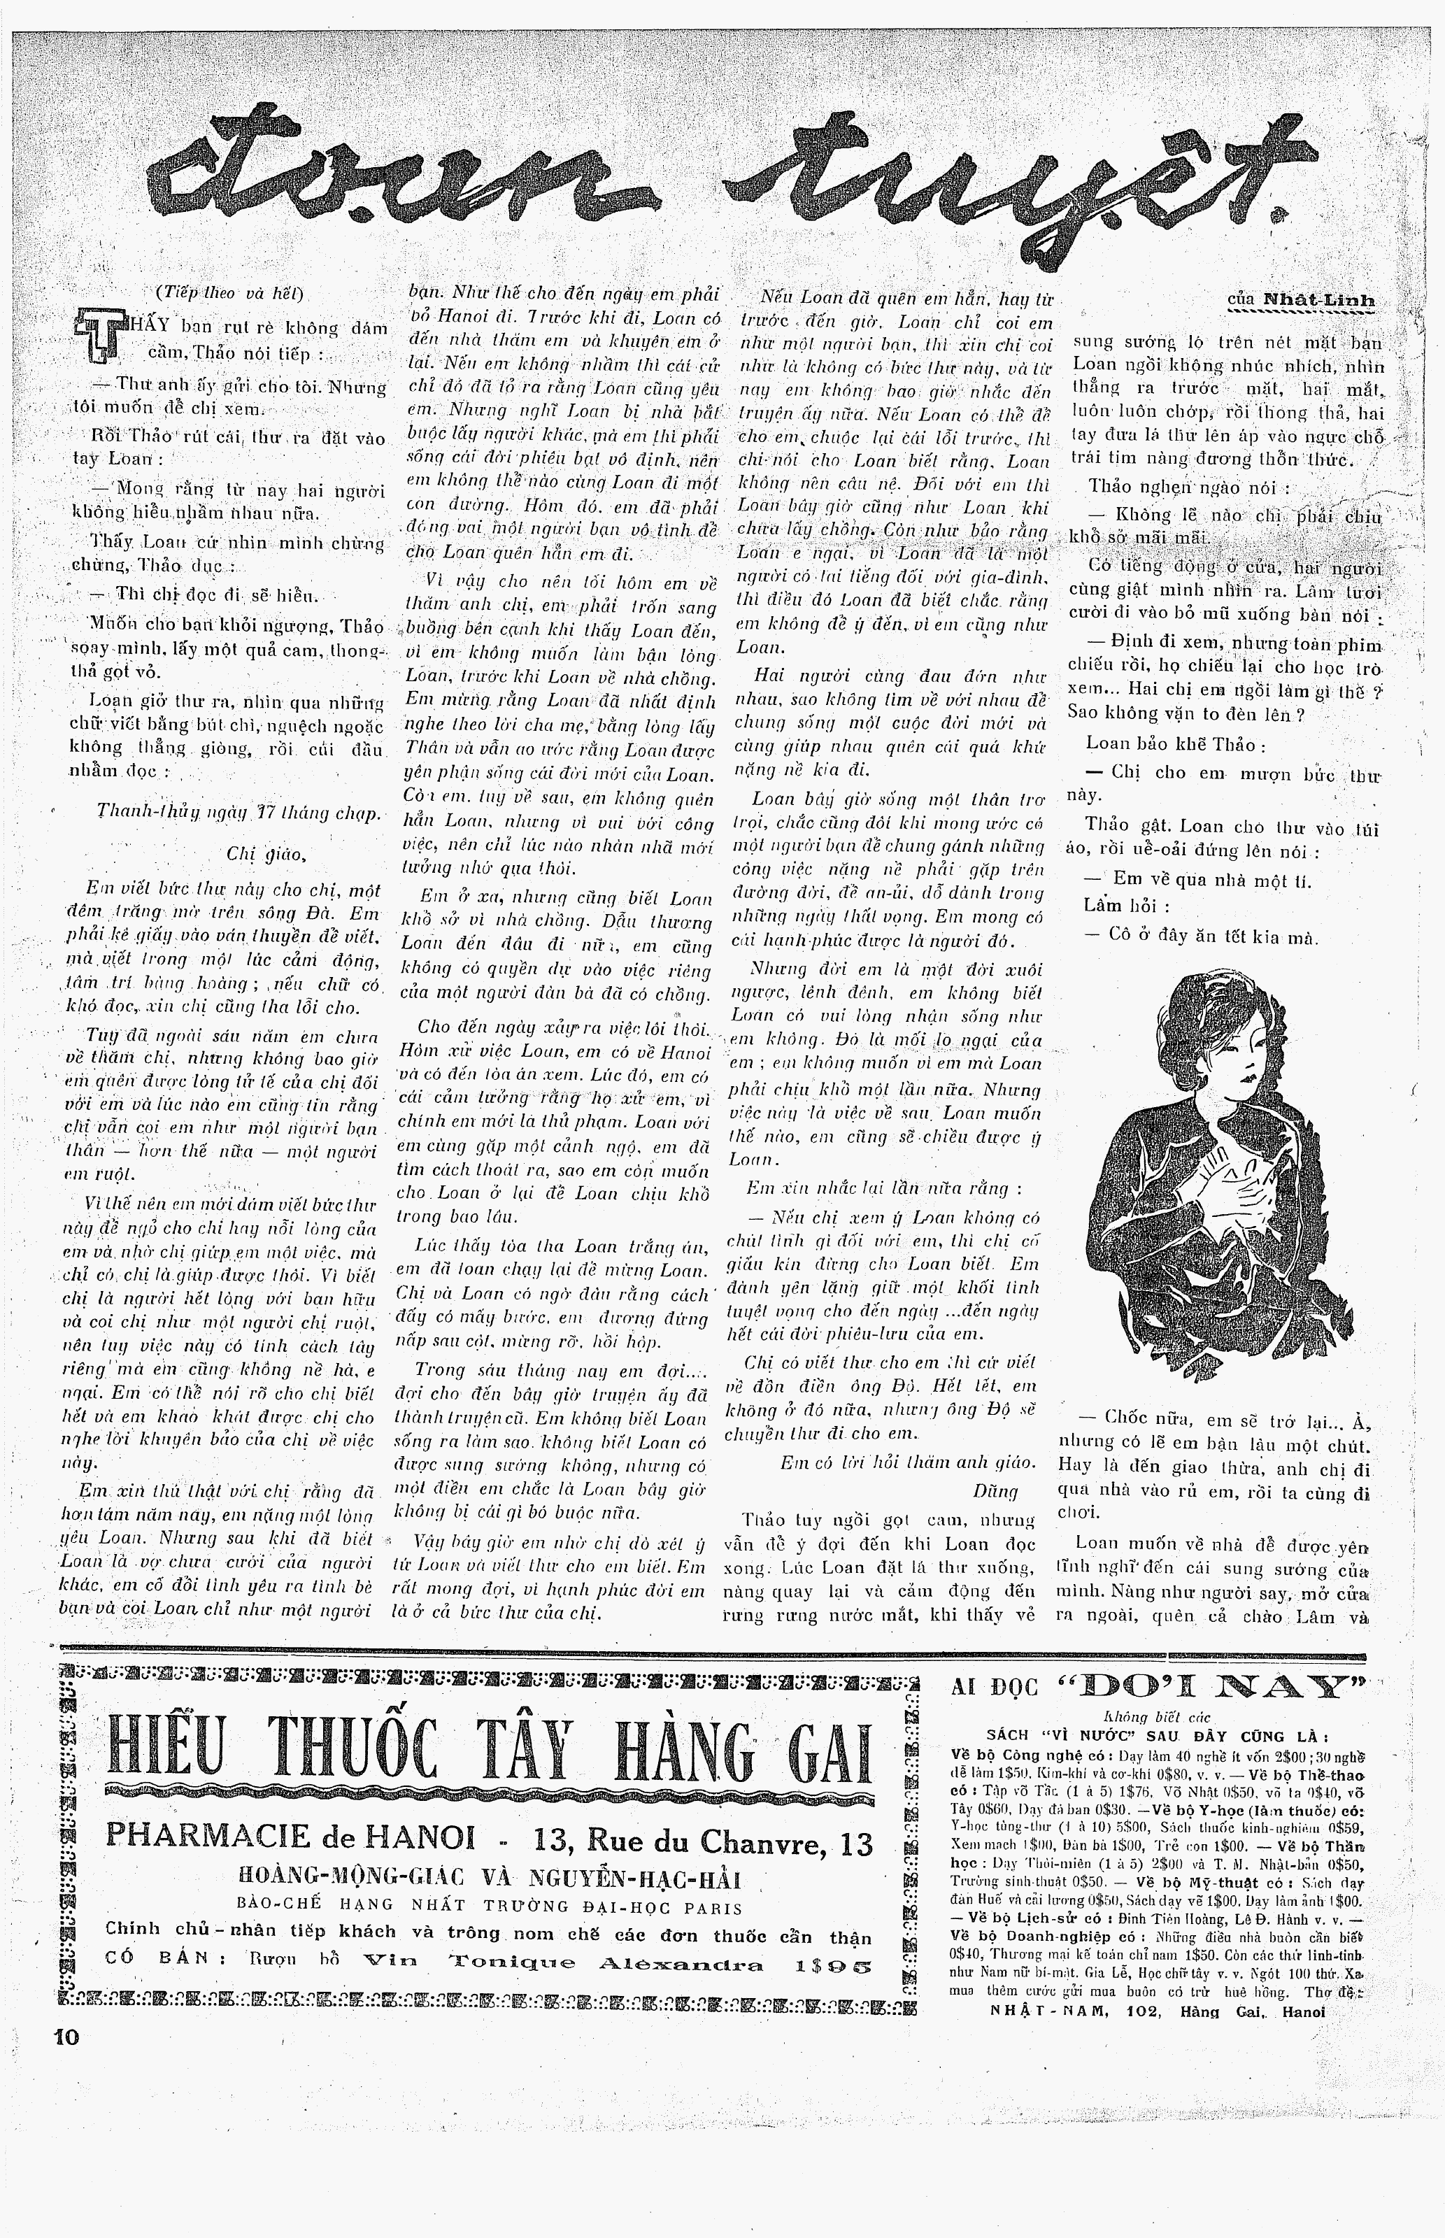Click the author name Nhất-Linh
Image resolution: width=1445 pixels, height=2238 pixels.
[1319, 299]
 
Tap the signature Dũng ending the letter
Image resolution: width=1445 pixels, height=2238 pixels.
[995, 1490]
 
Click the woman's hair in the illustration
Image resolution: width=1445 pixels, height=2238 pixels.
[1211, 1018]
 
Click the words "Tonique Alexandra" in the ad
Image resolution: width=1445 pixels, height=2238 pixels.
[604, 1965]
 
